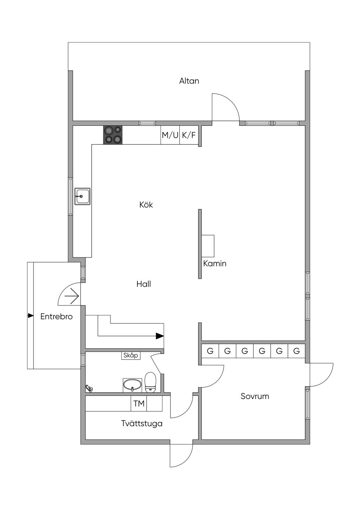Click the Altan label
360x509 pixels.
point(189,81)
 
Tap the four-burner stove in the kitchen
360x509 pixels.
point(113,135)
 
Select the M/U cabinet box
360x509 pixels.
point(170,135)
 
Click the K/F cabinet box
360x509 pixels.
point(189,135)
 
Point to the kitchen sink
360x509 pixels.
point(83,196)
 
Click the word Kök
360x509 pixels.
point(146,205)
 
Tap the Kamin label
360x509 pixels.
point(215,264)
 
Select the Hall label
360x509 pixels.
point(144,284)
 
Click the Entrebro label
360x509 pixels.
point(56,316)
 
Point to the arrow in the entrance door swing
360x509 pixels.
point(72,296)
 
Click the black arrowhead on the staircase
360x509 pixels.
point(160,336)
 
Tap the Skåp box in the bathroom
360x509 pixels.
point(131,355)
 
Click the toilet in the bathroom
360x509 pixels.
point(150,382)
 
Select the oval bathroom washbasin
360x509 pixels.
point(132,385)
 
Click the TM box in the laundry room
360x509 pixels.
point(139,403)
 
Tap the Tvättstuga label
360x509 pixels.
point(142,423)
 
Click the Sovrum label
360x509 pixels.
point(255,396)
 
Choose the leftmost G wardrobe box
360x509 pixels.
point(210,351)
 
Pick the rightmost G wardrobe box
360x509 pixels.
point(296,351)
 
